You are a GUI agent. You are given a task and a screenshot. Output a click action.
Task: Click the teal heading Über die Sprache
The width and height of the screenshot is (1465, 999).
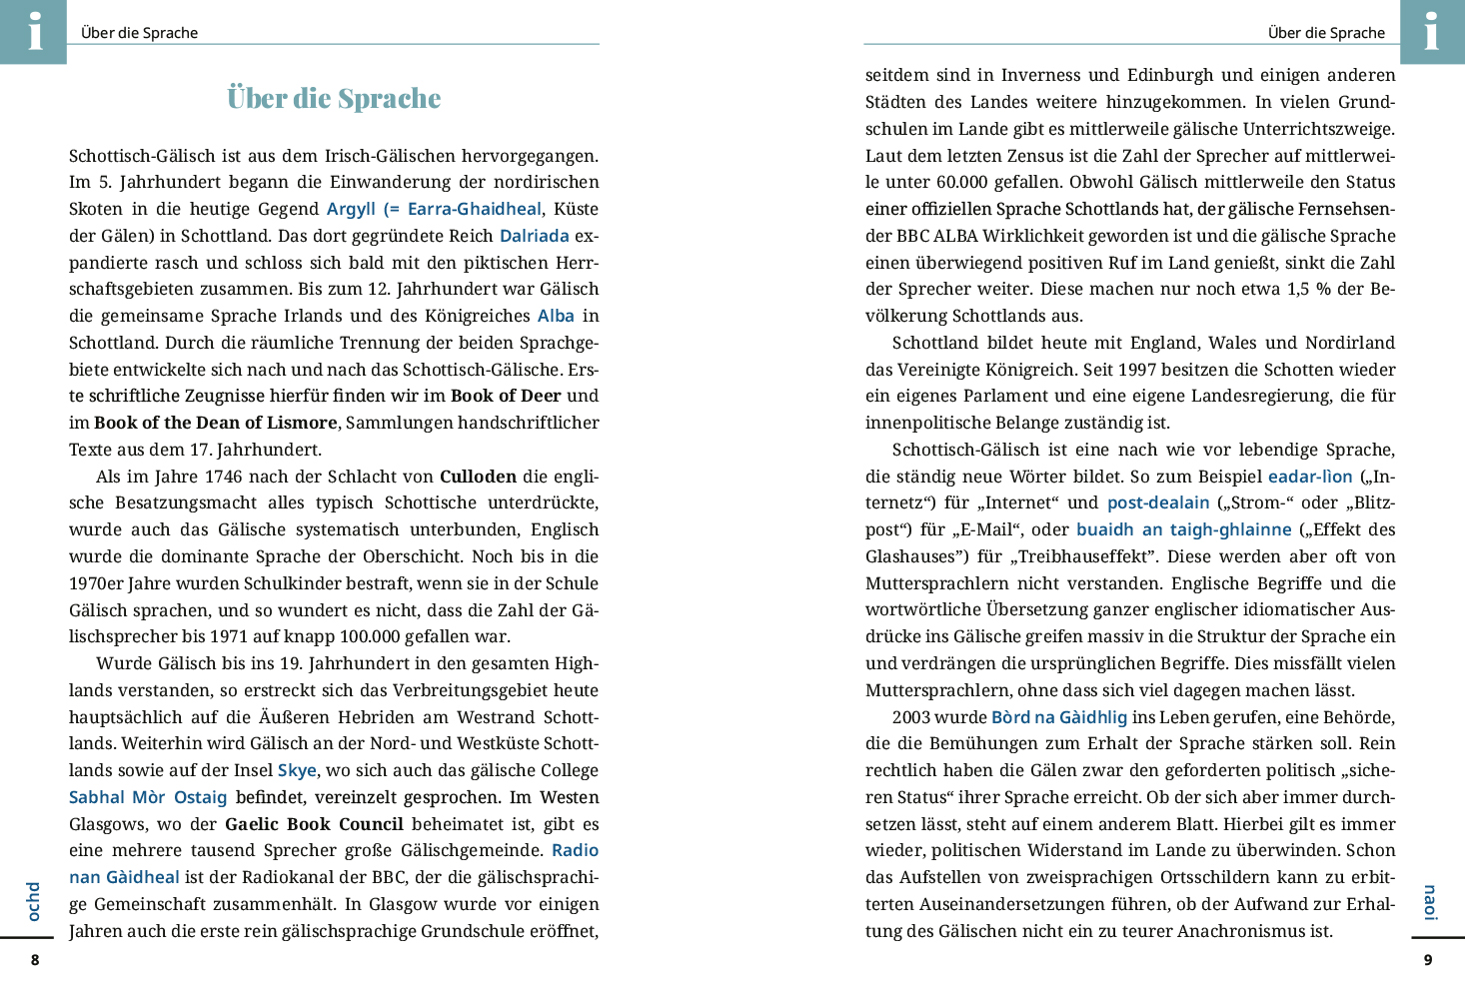coord(334,99)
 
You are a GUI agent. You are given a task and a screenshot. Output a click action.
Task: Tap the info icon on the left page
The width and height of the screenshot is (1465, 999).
coord(34,31)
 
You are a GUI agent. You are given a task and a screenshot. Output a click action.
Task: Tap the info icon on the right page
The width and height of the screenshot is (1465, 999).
coord(1431,31)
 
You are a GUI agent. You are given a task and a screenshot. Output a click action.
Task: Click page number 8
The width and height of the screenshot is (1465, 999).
coord(35,960)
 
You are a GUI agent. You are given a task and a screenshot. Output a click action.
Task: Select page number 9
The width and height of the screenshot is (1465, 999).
coord(1428,960)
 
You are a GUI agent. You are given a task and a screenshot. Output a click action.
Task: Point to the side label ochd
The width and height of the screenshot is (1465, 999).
coord(34,901)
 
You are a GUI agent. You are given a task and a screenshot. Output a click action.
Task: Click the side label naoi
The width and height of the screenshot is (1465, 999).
coord(1430,902)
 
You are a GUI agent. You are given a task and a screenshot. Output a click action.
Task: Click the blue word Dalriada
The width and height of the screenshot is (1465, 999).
coord(534,236)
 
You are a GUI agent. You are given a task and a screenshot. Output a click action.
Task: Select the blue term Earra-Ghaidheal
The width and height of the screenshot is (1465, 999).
coord(474,209)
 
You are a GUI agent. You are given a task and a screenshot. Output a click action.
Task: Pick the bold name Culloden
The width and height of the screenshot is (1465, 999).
coord(478,477)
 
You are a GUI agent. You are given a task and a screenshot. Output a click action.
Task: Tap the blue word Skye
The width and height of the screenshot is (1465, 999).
coord(297,770)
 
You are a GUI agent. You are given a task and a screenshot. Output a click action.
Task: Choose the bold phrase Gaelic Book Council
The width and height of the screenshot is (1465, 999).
coord(314,824)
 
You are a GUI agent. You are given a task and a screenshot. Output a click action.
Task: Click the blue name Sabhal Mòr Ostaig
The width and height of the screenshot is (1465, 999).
coord(148,797)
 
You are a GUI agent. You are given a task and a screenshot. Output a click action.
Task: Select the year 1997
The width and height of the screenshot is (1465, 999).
coord(1137,370)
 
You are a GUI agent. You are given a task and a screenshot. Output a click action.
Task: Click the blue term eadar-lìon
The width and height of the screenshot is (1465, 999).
coord(1310,477)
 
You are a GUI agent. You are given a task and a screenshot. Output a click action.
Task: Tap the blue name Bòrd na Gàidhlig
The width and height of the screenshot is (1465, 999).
coord(1059,717)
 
